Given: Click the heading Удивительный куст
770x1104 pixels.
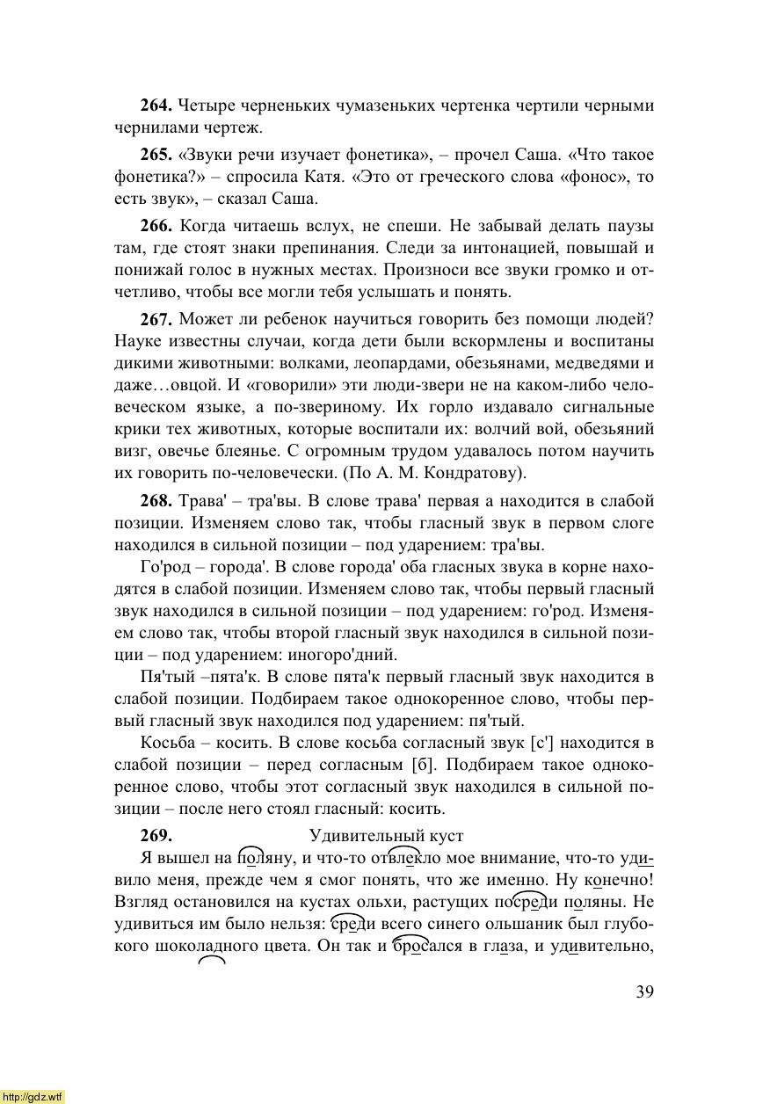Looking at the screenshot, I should [386, 836].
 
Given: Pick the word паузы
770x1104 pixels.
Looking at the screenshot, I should [628, 226].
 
